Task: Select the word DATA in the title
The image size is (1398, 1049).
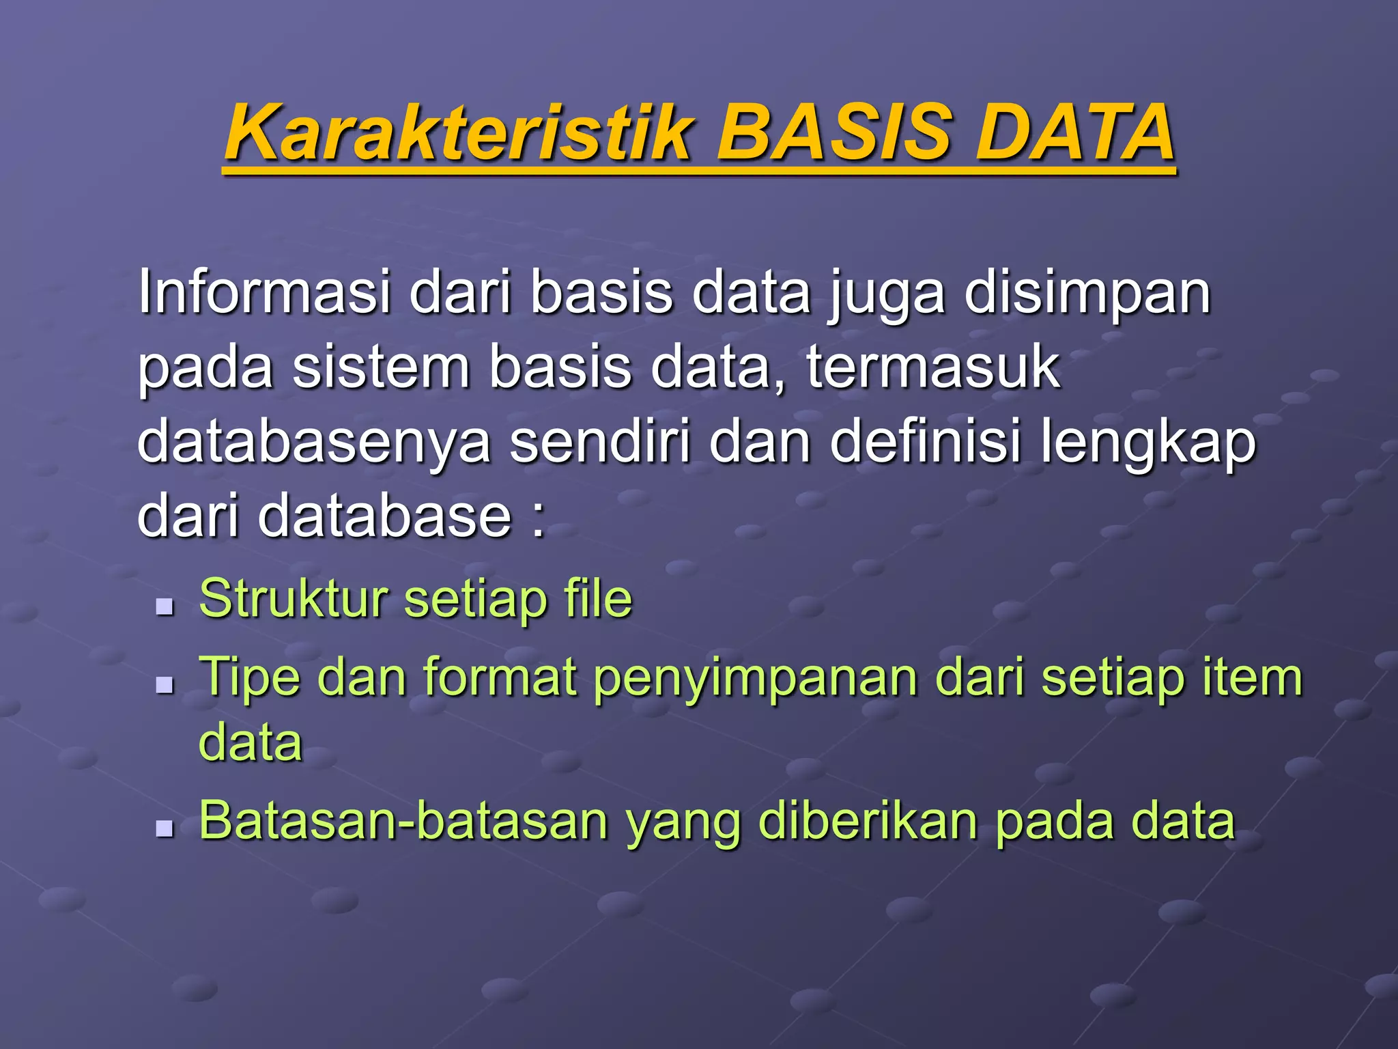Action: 1074,132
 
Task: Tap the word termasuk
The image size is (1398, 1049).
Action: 933,367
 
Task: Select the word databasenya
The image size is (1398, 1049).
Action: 313,443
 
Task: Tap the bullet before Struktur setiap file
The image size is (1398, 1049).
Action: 165,606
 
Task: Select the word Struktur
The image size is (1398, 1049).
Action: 294,599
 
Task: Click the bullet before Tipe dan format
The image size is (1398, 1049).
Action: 165,684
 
